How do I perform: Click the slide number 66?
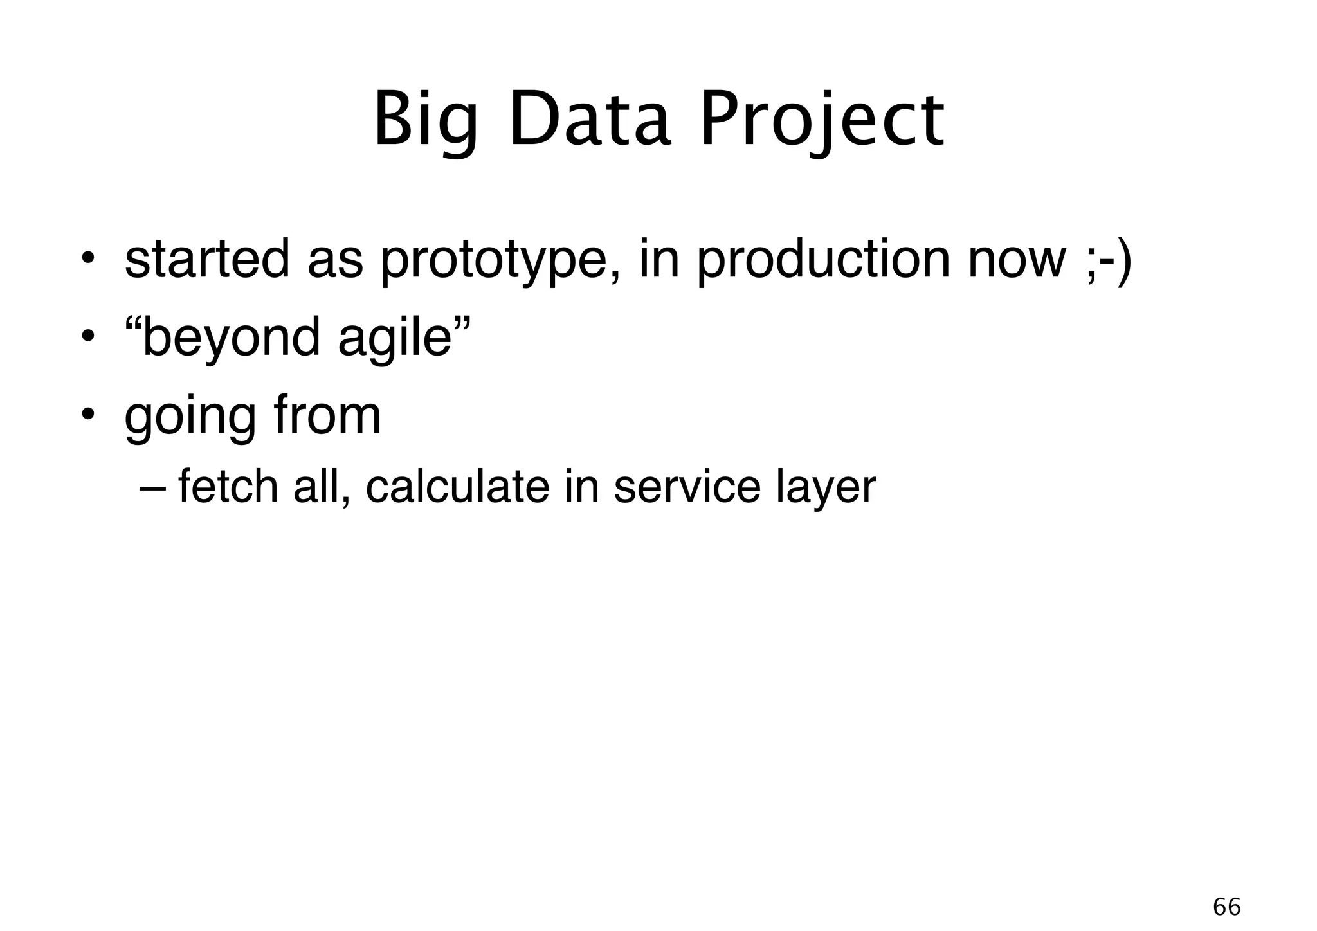tap(1226, 907)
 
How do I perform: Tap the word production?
tap(823, 260)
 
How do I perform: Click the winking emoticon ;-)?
tap(1108, 260)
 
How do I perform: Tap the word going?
tap(190, 418)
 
